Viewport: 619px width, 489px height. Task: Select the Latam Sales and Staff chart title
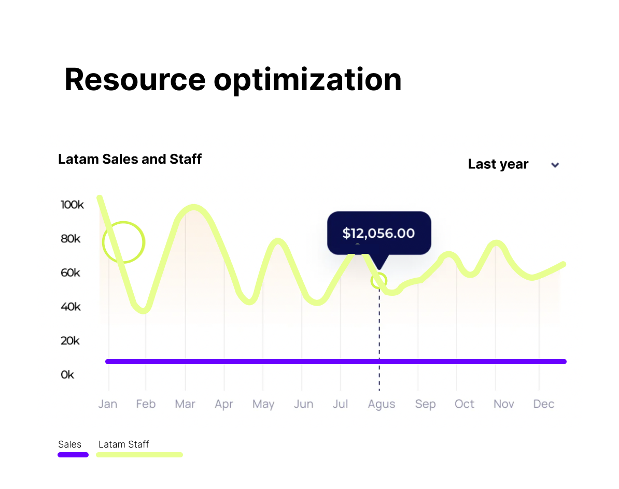click(130, 159)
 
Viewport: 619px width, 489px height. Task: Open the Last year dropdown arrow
click(555, 165)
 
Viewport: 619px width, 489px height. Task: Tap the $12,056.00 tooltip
click(378, 233)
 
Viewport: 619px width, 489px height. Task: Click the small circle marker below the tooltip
click(379, 281)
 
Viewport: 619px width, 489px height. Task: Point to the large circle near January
click(123, 242)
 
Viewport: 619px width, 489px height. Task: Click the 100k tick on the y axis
click(72, 205)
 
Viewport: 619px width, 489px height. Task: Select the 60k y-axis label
click(71, 272)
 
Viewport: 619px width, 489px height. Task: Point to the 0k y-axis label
click(67, 375)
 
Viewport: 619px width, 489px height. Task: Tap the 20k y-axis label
click(71, 341)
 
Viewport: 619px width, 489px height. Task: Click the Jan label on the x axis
click(108, 404)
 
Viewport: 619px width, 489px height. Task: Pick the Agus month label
click(382, 404)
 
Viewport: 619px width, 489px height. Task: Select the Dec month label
click(544, 404)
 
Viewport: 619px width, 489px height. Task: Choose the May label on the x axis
click(263, 404)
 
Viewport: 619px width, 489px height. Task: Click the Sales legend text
click(70, 444)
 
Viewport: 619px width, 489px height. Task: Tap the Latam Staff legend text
click(123, 444)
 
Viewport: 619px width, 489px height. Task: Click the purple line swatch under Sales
click(73, 455)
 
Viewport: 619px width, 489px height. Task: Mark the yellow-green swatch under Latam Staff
click(139, 455)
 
